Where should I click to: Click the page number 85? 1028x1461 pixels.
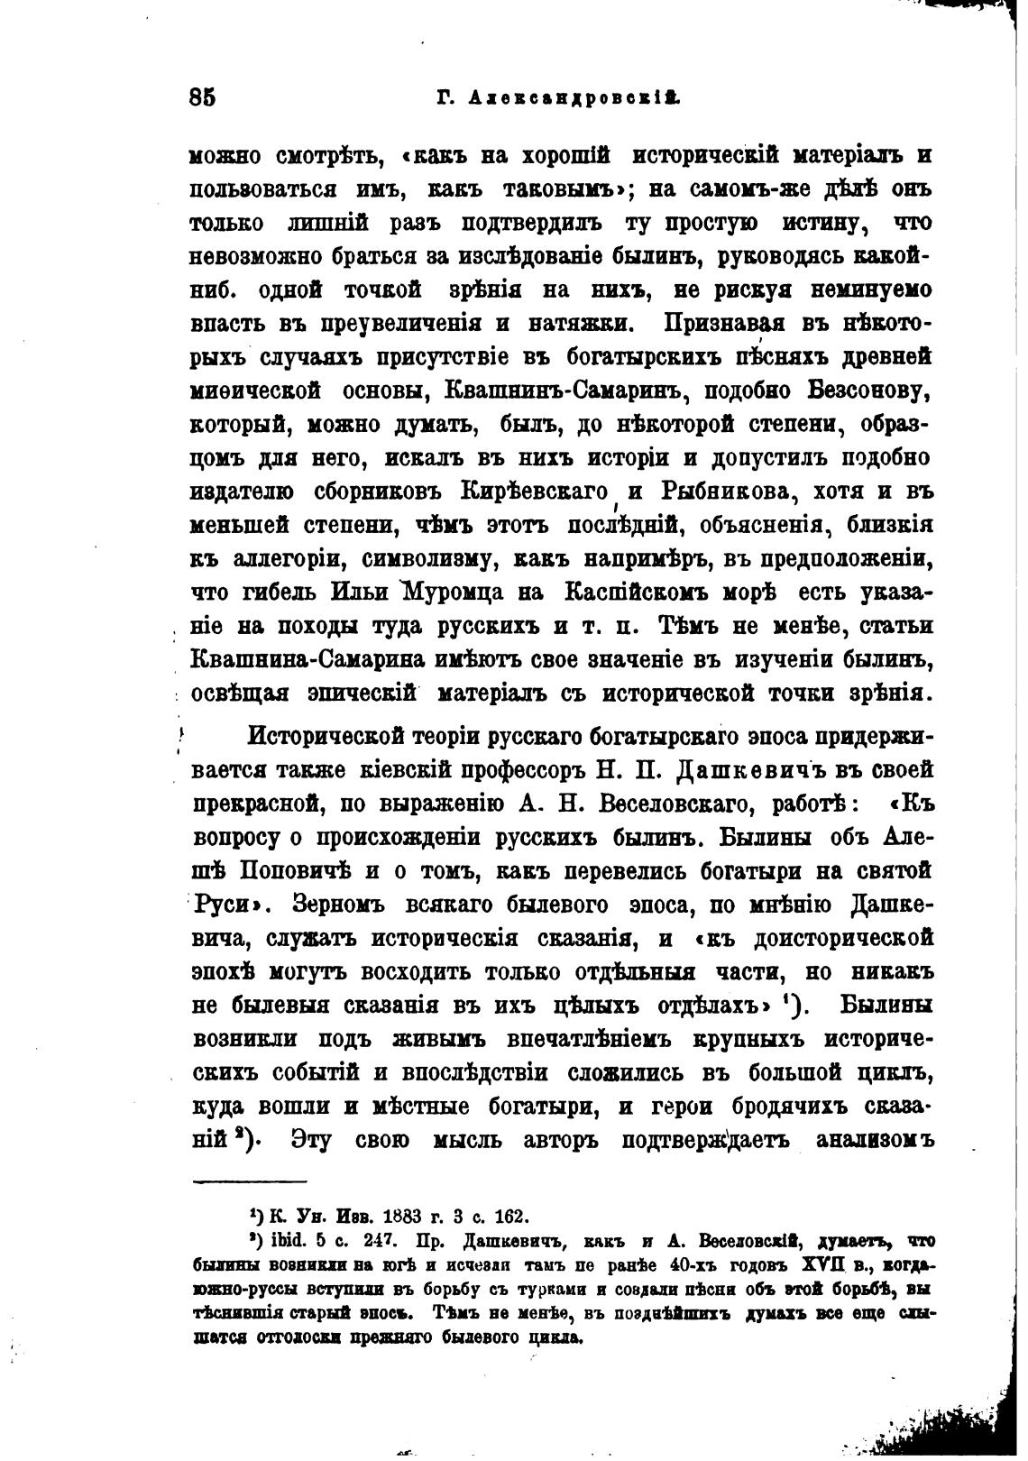click(203, 97)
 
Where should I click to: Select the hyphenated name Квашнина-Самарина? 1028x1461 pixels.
click(308, 658)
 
